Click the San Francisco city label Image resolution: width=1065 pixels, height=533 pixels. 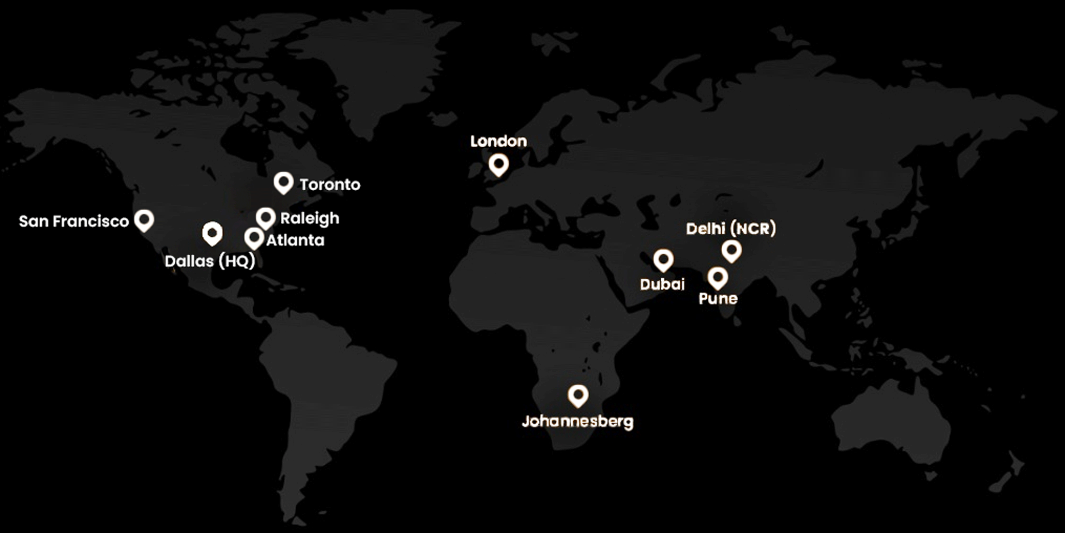(74, 221)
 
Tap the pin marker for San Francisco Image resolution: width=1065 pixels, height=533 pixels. (144, 219)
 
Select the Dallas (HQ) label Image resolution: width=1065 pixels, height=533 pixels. (210, 261)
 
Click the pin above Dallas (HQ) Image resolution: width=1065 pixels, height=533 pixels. (212, 233)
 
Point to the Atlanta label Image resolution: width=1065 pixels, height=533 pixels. (295, 240)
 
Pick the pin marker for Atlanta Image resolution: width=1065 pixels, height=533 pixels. (254, 238)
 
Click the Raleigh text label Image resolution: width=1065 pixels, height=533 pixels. (310, 218)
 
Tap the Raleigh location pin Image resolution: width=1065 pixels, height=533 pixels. (266, 217)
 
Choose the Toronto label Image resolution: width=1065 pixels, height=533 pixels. (330, 184)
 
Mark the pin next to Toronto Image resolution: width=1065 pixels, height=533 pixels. (284, 182)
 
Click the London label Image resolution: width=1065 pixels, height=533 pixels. (499, 141)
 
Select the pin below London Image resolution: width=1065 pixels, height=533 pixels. (499, 164)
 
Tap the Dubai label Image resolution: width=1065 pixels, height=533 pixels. (662, 284)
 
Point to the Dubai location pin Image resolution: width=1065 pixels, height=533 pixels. (663, 260)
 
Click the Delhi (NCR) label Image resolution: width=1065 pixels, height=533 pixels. (731, 228)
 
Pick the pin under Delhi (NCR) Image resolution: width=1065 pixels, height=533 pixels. (731, 250)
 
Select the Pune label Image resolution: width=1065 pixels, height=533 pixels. (718, 299)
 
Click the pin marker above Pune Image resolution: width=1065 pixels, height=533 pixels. (717, 277)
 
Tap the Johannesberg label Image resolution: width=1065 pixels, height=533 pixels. (578, 422)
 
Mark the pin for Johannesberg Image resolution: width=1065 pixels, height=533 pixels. (578, 395)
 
